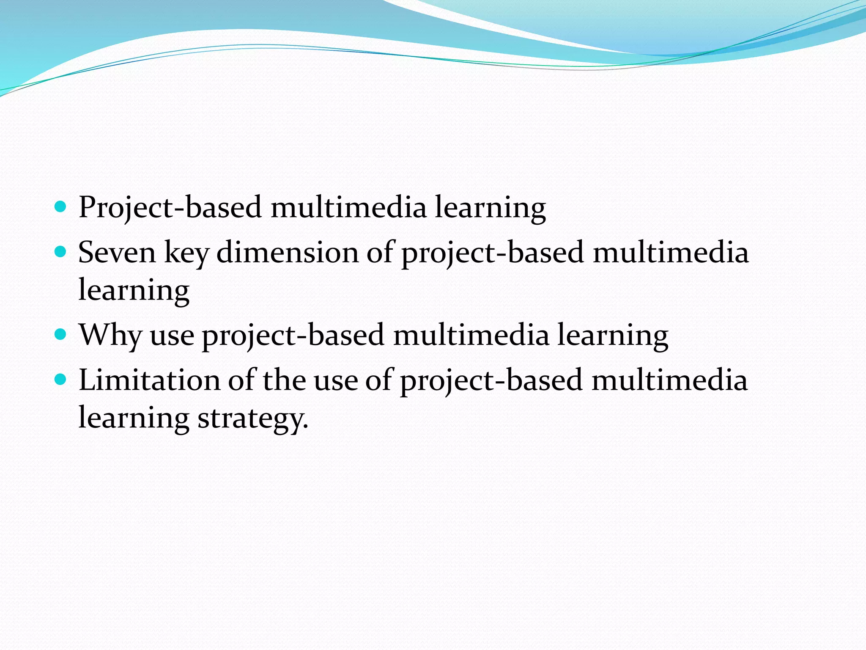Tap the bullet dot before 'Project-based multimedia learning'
tap(61, 207)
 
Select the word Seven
tap(117, 253)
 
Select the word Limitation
tap(149, 380)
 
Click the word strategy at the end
tap(253, 418)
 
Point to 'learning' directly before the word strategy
tap(134, 418)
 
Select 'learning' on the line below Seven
tap(134, 291)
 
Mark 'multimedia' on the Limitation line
tap(669, 380)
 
